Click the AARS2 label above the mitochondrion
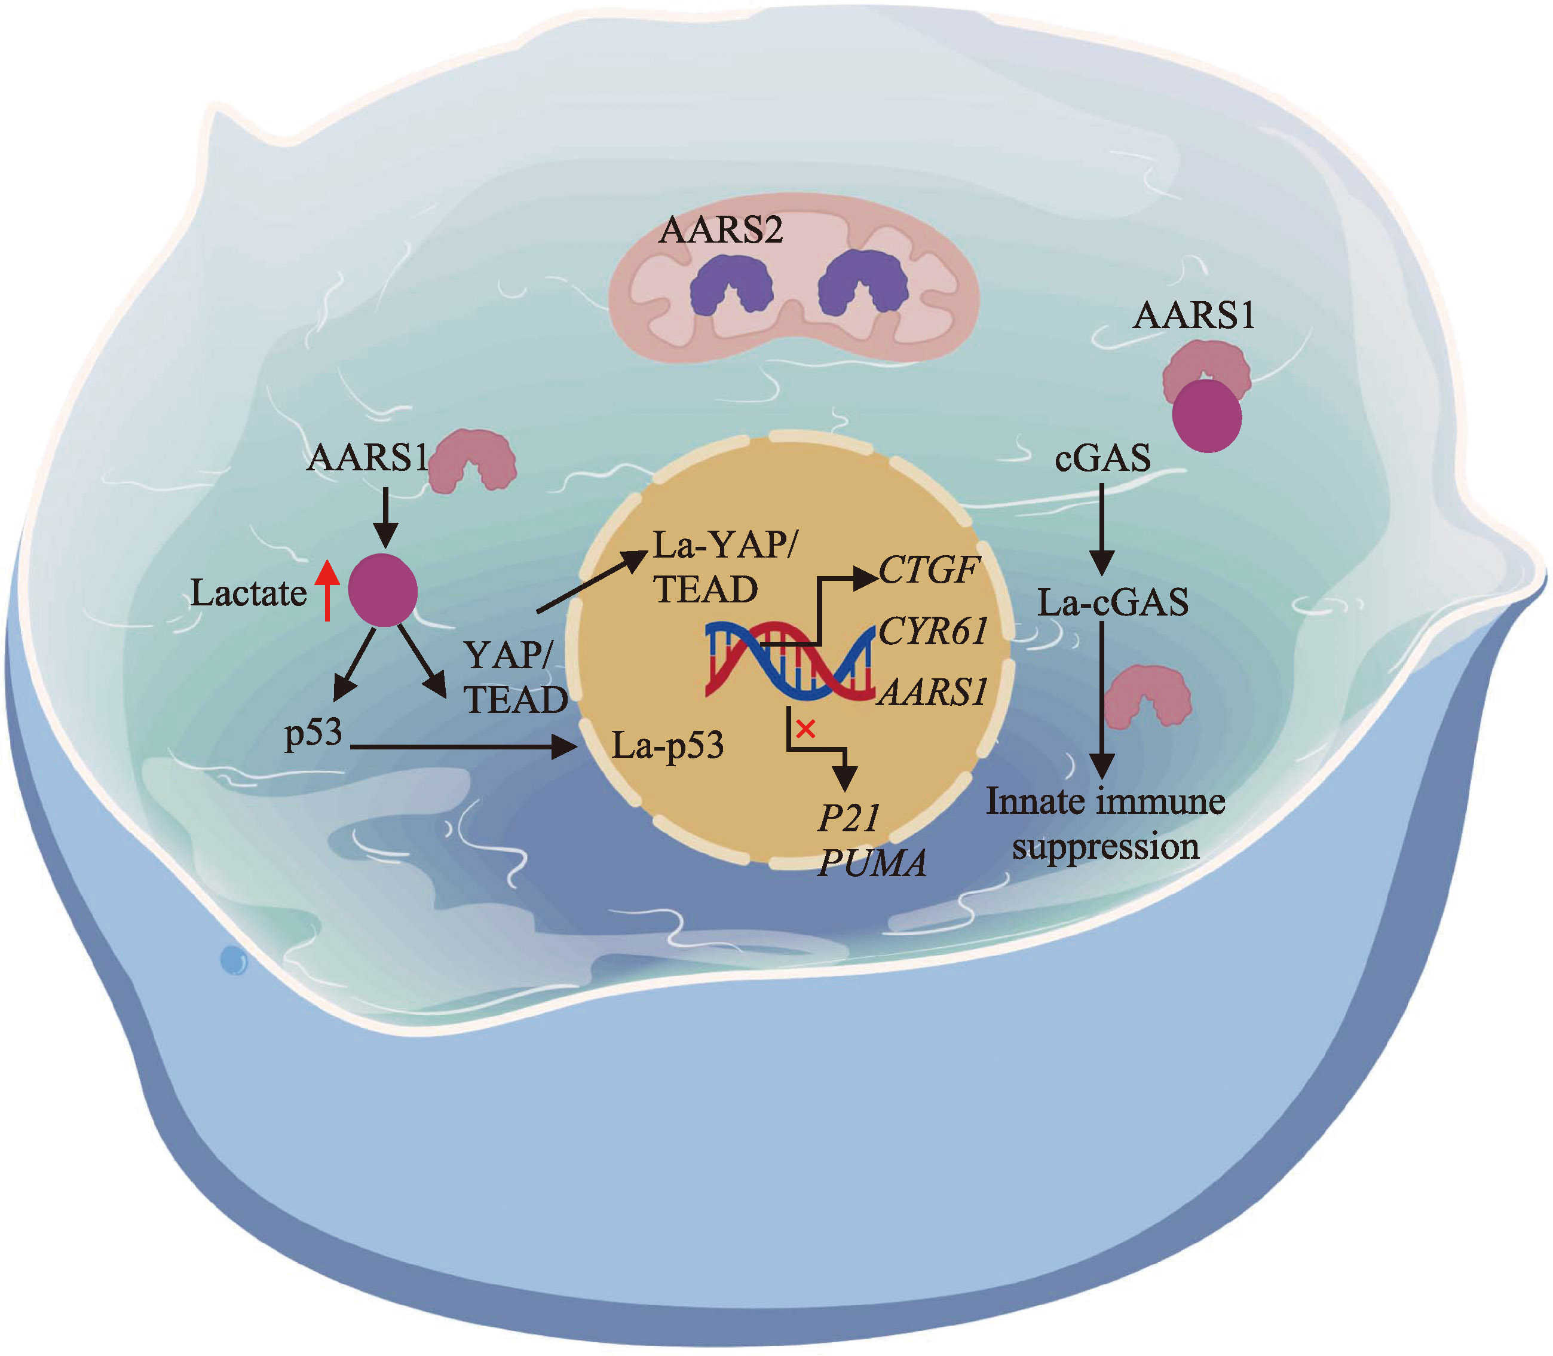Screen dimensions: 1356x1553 720,229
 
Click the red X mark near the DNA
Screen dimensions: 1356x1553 805,730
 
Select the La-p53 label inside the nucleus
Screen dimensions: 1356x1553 667,746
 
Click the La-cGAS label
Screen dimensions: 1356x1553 1112,603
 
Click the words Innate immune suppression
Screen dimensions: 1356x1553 1105,824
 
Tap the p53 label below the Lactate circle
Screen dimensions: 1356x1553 313,733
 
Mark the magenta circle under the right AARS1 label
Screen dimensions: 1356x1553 1206,415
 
